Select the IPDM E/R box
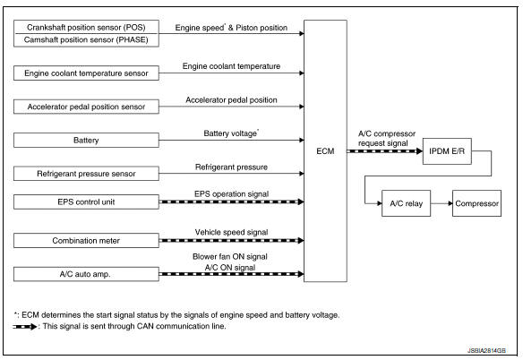449,153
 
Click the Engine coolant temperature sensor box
87,73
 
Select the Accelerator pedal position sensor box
87,107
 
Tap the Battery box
87,140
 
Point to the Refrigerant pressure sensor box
87,173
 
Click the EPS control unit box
87,202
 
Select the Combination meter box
87,240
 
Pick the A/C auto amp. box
87,272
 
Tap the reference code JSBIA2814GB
486,351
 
